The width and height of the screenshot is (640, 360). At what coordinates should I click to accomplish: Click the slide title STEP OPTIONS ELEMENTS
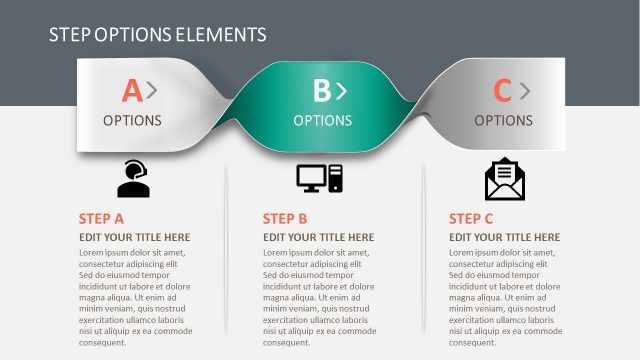click(x=157, y=35)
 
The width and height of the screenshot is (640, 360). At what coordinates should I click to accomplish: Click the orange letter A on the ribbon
click(x=132, y=92)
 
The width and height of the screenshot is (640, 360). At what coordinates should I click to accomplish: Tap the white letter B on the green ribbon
click(x=321, y=92)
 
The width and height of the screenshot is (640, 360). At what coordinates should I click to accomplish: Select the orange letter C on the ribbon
click(x=502, y=92)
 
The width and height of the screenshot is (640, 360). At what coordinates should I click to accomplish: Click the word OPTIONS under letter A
click(x=132, y=121)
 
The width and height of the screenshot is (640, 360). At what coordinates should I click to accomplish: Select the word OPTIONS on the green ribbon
click(x=322, y=121)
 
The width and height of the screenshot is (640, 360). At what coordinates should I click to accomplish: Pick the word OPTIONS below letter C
click(x=503, y=121)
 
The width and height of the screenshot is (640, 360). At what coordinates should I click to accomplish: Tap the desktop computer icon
click(x=319, y=178)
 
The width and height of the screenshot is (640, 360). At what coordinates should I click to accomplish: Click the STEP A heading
click(x=101, y=219)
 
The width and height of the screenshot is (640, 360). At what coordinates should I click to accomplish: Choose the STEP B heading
click(x=285, y=219)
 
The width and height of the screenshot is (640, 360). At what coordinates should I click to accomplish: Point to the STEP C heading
click(x=471, y=219)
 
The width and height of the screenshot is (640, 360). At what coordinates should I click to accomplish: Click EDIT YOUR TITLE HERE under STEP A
click(x=134, y=238)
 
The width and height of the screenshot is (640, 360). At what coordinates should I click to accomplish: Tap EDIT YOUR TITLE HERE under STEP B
click(x=319, y=238)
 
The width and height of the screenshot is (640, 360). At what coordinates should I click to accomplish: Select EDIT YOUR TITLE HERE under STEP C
click(x=505, y=238)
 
